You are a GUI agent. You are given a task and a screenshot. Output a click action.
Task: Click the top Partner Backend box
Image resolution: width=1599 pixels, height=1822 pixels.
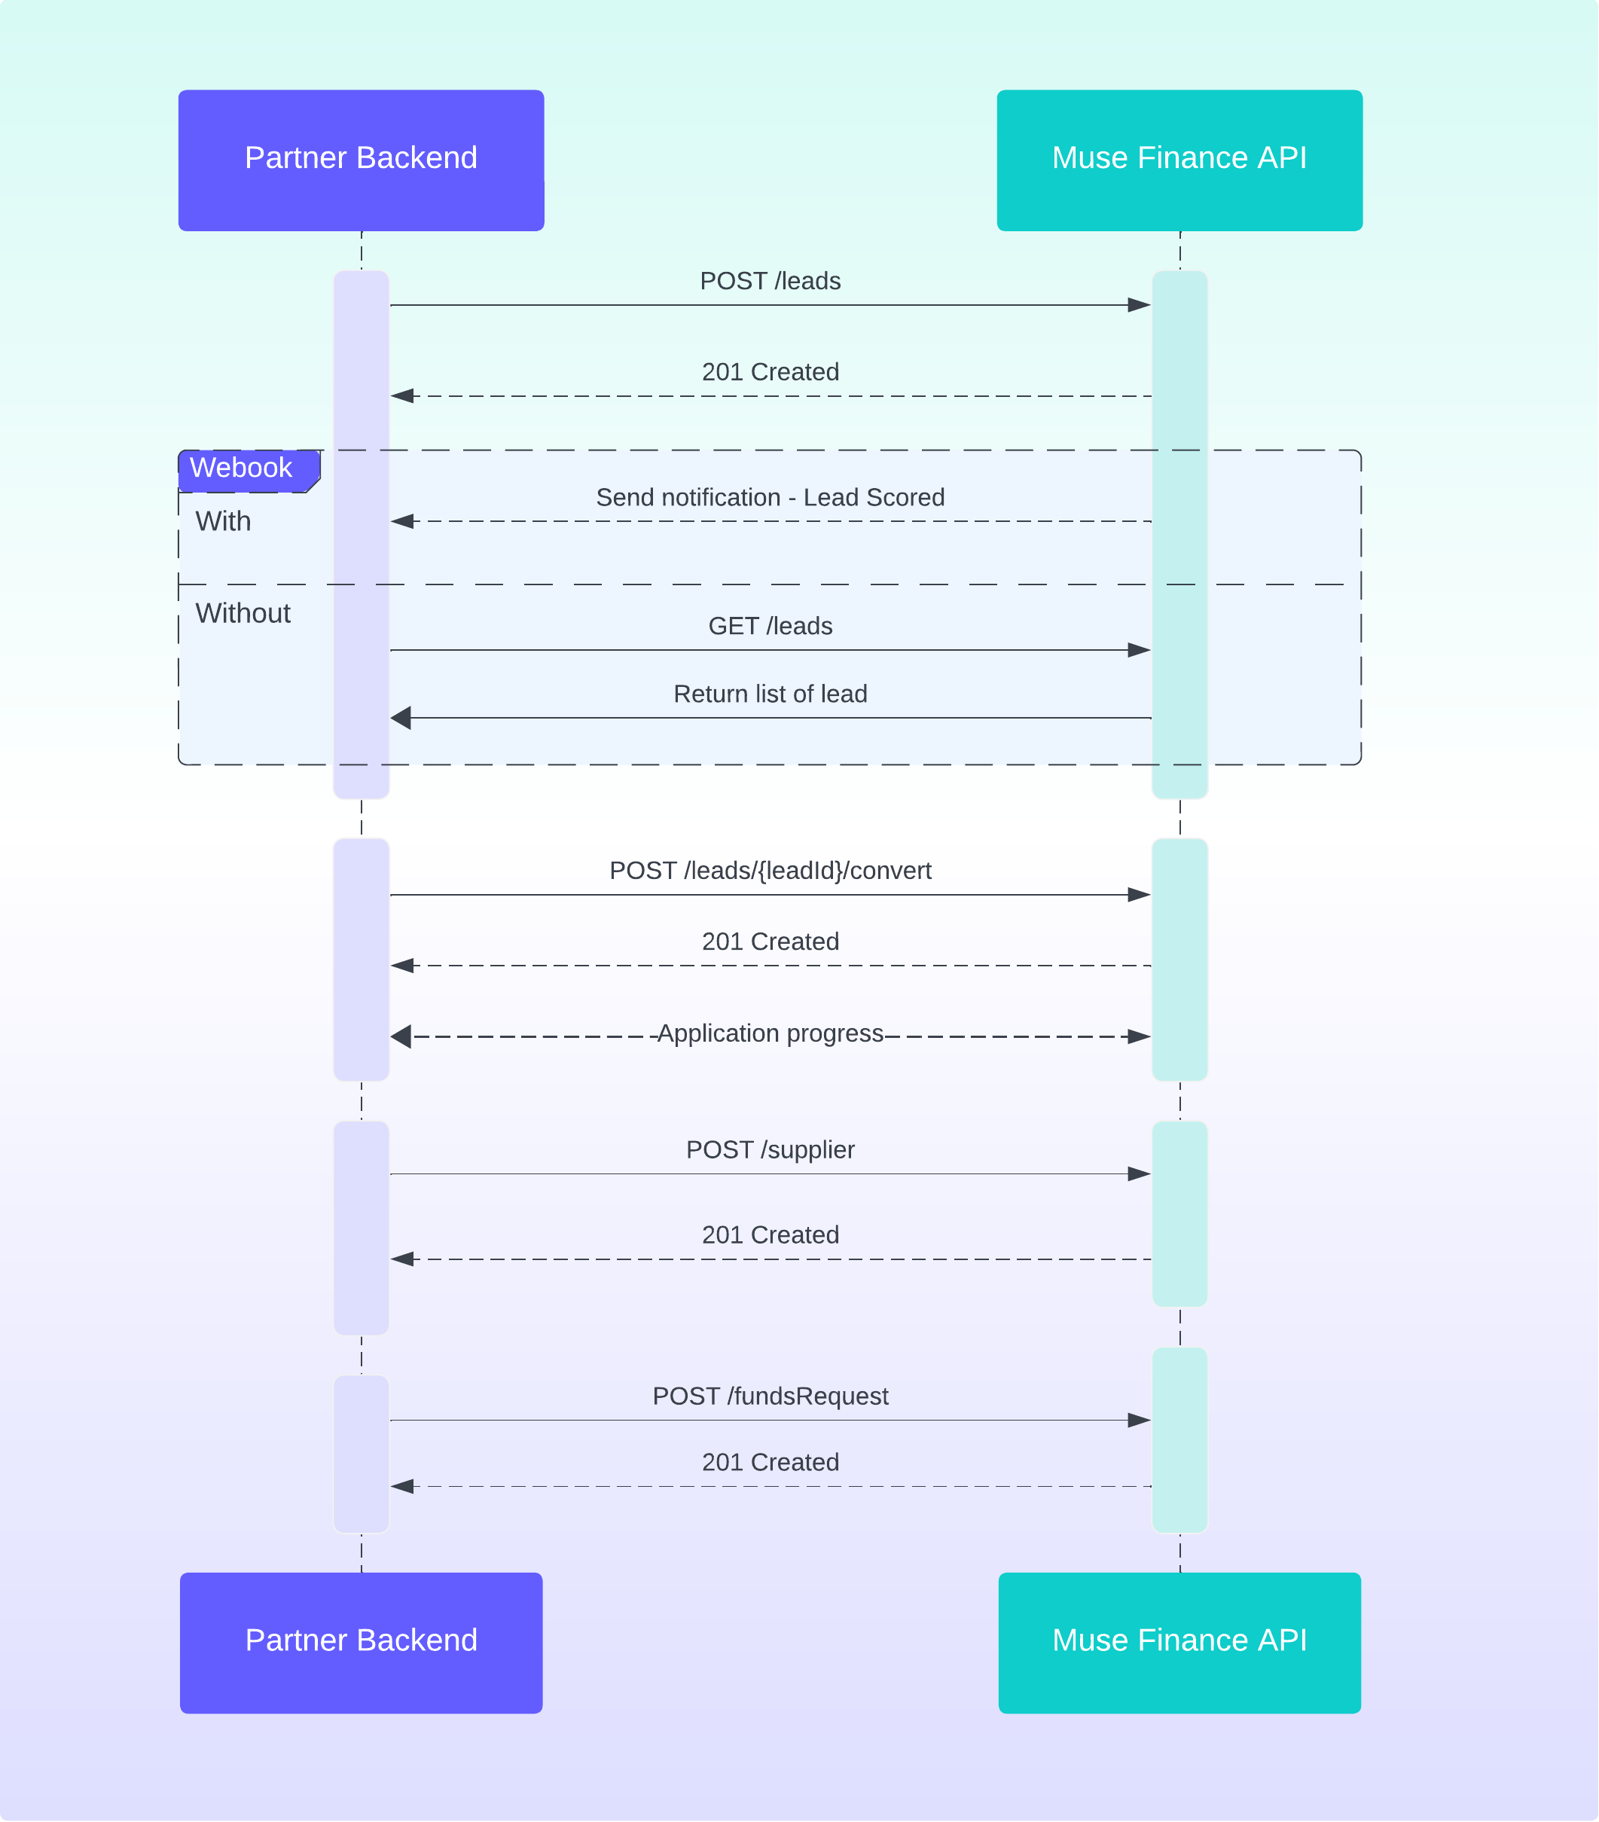(x=361, y=160)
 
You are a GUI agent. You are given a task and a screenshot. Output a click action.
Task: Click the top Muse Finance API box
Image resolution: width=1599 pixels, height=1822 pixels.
(x=1179, y=160)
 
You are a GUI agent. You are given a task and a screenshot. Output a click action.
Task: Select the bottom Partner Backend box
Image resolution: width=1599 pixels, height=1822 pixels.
(x=361, y=1642)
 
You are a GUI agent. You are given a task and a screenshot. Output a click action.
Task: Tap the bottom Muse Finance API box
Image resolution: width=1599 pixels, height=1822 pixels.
(x=1179, y=1642)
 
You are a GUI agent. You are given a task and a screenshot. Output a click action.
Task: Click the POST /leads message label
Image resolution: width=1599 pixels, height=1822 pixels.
(x=770, y=281)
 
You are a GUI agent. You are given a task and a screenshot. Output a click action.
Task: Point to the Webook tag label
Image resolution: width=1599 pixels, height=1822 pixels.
(x=242, y=468)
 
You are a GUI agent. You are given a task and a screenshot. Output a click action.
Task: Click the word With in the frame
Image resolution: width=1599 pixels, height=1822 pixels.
(x=223, y=521)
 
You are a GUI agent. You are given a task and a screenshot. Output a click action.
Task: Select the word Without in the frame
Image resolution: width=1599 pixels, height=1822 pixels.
(x=243, y=613)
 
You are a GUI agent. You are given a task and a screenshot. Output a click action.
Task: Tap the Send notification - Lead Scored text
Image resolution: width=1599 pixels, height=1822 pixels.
(x=770, y=497)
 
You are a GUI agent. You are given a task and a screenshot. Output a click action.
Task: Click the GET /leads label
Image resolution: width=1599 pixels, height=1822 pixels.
(x=770, y=626)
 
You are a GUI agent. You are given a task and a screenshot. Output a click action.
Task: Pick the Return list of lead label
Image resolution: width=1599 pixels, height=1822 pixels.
(x=770, y=694)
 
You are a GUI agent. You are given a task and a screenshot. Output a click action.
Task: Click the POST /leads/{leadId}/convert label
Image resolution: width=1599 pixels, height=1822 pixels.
(x=770, y=870)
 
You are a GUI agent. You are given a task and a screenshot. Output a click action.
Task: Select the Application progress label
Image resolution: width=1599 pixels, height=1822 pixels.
(x=770, y=1033)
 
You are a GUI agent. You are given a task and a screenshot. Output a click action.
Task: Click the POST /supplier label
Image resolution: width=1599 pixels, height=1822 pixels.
(x=770, y=1150)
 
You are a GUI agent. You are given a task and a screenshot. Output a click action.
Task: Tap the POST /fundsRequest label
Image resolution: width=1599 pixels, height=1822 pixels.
(x=770, y=1396)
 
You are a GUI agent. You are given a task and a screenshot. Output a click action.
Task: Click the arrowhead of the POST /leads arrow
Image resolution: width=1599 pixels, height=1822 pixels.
(x=1139, y=305)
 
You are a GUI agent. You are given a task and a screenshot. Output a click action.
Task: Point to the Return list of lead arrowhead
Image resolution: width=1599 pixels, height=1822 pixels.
(x=401, y=718)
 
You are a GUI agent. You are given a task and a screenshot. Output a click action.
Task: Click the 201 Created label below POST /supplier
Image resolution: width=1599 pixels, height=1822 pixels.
(x=770, y=1235)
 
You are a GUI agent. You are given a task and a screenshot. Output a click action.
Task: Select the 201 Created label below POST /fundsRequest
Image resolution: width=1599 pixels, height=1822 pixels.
(x=770, y=1462)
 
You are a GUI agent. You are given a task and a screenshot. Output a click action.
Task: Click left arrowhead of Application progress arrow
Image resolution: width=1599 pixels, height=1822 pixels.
(x=401, y=1036)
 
